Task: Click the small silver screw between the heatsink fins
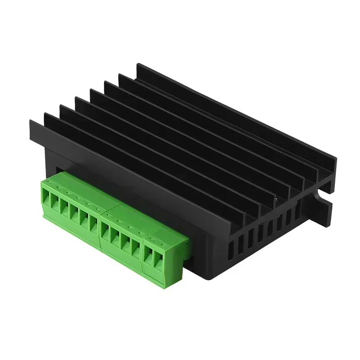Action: pos(276,197)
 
